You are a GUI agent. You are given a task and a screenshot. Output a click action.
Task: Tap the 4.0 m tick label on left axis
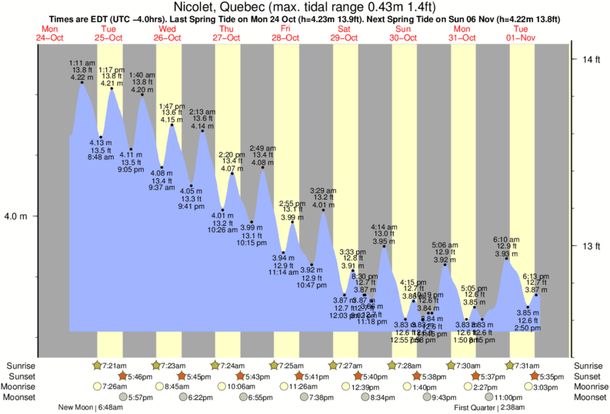16,217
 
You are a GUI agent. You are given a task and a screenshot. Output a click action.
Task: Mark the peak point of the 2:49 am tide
263,167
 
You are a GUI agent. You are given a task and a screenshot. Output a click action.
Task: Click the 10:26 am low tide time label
223,230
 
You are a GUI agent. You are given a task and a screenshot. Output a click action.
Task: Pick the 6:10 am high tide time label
506,240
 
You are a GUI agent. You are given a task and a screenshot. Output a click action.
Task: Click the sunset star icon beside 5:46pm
122,376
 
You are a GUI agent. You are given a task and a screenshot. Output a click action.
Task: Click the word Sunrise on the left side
22,365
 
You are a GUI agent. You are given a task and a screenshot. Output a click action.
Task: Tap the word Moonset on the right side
588,397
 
